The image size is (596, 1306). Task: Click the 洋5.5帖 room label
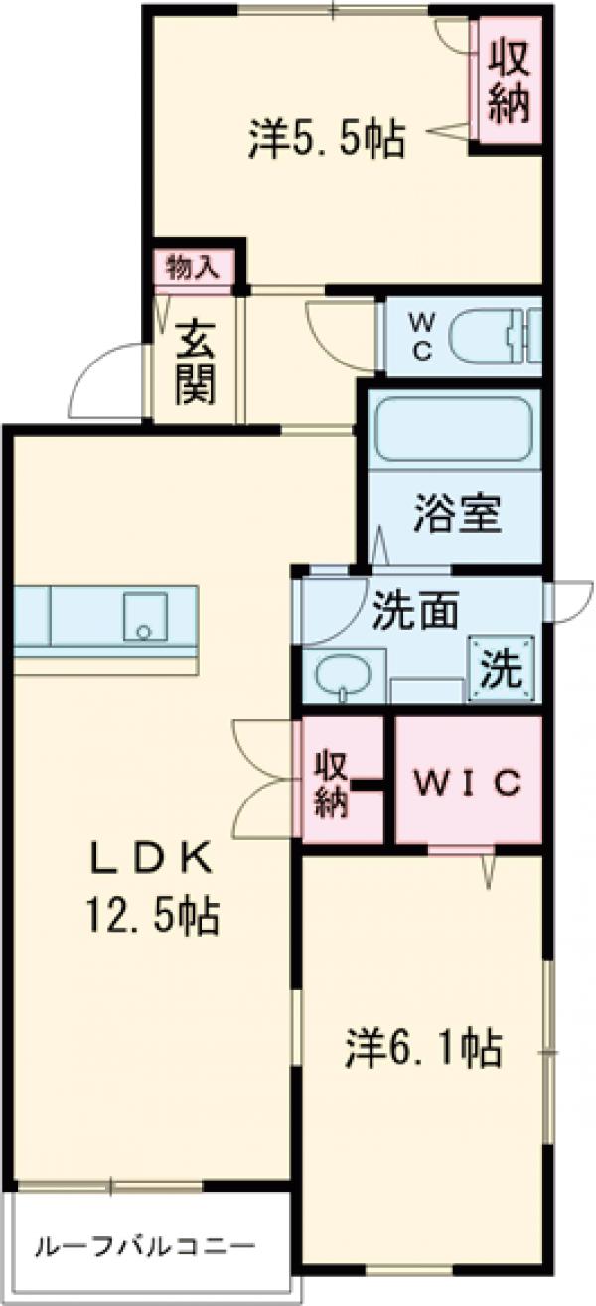[x=327, y=140]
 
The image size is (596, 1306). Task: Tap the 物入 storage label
[x=194, y=267]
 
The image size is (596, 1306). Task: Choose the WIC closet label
[x=468, y=784]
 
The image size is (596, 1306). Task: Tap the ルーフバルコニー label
[x=146, y=1245]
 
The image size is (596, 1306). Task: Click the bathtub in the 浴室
[x=454, y=428]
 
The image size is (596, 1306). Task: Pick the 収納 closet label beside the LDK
[x=331, y=783]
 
